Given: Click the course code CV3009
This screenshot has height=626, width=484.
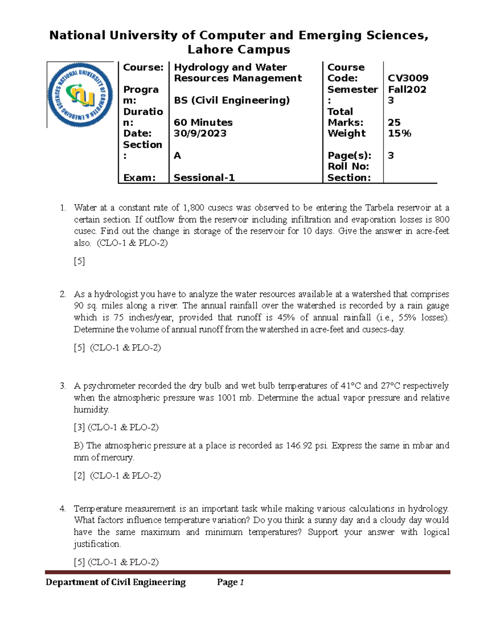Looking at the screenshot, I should tap(408, 78).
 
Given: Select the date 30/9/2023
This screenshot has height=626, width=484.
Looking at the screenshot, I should tap(200, 133).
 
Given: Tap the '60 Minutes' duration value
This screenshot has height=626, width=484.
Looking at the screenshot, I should tap(203, 123).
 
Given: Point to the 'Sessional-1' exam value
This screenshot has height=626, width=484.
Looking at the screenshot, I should tap(204, 178).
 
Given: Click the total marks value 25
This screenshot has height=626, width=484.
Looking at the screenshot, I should tap(394, 123).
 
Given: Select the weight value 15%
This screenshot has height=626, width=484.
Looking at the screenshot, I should tap(399, 133).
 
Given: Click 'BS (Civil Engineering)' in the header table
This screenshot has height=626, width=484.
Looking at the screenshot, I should tap(232, 100).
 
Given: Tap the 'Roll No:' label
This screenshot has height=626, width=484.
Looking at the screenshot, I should tap(348, 166).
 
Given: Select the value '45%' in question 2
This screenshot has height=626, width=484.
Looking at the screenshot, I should tap(286, 318).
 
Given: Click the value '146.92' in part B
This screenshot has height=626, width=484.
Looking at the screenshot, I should tap(299, 446).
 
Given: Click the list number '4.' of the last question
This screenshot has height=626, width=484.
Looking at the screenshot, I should tap(63, 509).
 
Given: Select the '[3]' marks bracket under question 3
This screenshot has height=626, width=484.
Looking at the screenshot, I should tap(79, 427).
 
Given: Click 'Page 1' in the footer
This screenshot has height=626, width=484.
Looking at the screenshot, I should tap(230, 582).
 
